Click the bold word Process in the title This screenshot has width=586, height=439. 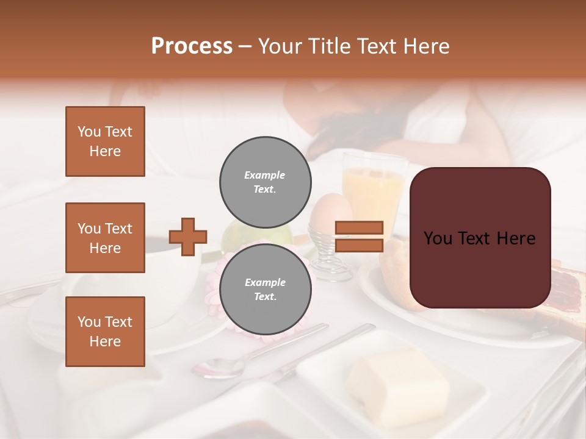192,46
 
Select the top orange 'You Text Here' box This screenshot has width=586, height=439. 105,141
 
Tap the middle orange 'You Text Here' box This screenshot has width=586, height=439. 105,238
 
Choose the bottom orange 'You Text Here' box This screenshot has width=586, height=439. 105,332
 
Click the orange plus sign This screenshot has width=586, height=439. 188,237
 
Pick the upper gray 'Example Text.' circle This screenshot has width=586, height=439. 265,182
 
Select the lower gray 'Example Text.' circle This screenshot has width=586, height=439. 265,290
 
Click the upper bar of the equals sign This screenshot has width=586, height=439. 360,227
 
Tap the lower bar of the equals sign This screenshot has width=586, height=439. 360,245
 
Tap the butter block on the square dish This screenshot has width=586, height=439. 397,384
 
